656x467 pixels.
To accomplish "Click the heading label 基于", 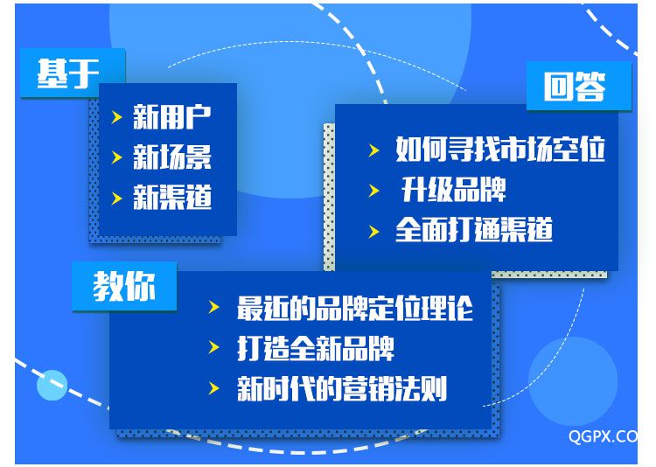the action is click(68, 73).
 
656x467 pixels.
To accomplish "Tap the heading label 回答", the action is click(575, 87).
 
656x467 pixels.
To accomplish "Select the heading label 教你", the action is click(124, 286).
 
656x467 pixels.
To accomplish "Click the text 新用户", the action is click(172, 117).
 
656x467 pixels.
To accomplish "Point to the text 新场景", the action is click(172, 157).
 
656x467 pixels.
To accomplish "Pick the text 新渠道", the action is click(172, 197).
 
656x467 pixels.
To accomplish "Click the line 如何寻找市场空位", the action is click(500, 149).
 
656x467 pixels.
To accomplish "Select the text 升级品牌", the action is click(453, 190).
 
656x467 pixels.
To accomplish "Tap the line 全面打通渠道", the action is click(474, 230).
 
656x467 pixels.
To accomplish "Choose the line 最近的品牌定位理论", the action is click(355, 309).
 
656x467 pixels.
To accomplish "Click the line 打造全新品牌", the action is click(316, 349).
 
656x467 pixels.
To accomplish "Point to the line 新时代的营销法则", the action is click(342, 389).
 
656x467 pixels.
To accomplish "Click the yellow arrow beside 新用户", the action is click(116, 117).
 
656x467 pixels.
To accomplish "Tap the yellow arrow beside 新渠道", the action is click(116, 198).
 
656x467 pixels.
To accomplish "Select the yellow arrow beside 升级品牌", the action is click(373, 191).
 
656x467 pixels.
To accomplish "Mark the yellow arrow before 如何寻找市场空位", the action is click(373, 150).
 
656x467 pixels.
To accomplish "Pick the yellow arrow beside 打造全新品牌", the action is click(213, 347).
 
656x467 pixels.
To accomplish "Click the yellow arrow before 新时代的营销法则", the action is click(213, 388).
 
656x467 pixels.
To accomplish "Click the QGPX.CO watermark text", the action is click(603, 436).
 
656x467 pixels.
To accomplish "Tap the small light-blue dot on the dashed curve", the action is click(52, 386).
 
